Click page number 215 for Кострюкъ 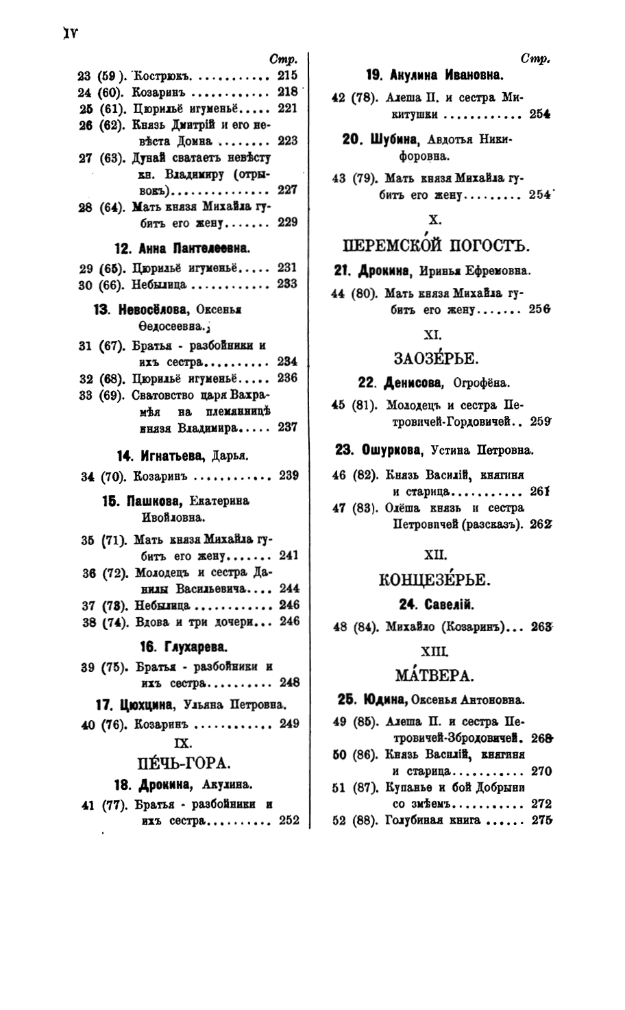tap(287, 75)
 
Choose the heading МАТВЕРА tap(434, 675)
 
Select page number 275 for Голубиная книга tap(541, 821)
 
